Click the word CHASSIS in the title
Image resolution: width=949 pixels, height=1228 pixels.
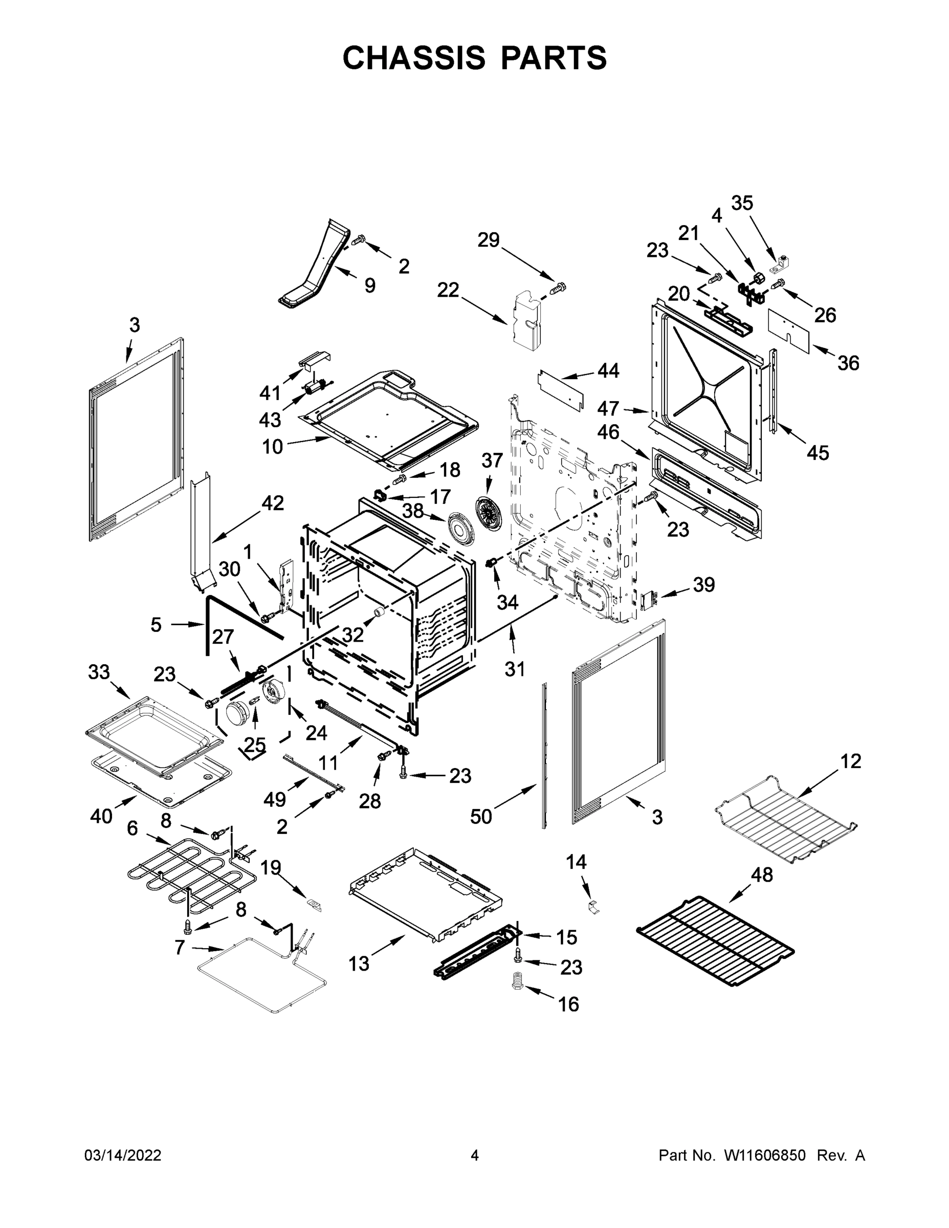(414, 57)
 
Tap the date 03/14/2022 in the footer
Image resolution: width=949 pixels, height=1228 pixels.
(123, 1155)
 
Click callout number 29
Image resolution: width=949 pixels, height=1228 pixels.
(488, 240)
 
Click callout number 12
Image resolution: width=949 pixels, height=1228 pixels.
(851, 761)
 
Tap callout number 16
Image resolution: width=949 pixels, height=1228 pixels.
(569, 1004)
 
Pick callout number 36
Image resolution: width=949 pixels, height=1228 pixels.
(848, 363)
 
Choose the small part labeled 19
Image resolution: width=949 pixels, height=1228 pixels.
(315, 904)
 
